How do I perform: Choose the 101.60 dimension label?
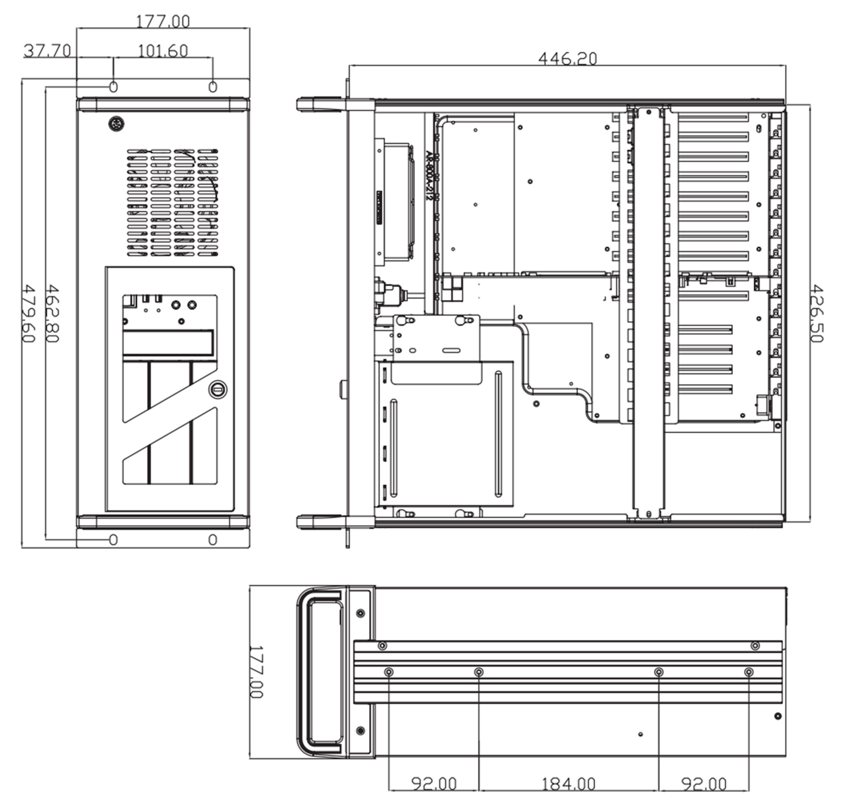[162, 51]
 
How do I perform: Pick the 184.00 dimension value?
[569, 783]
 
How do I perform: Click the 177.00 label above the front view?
[162, 21]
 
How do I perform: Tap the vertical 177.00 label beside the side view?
[256, 672]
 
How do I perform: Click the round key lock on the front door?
[217, 389]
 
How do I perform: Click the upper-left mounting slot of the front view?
[113, 87]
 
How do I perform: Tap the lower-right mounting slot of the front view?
[213, 539]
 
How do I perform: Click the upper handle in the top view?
[321, 105]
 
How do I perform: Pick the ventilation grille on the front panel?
[173, 203]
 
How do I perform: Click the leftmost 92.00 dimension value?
[434, 783]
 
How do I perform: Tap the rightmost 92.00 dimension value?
[704, 783]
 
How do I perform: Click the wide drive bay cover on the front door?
[168, 343]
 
